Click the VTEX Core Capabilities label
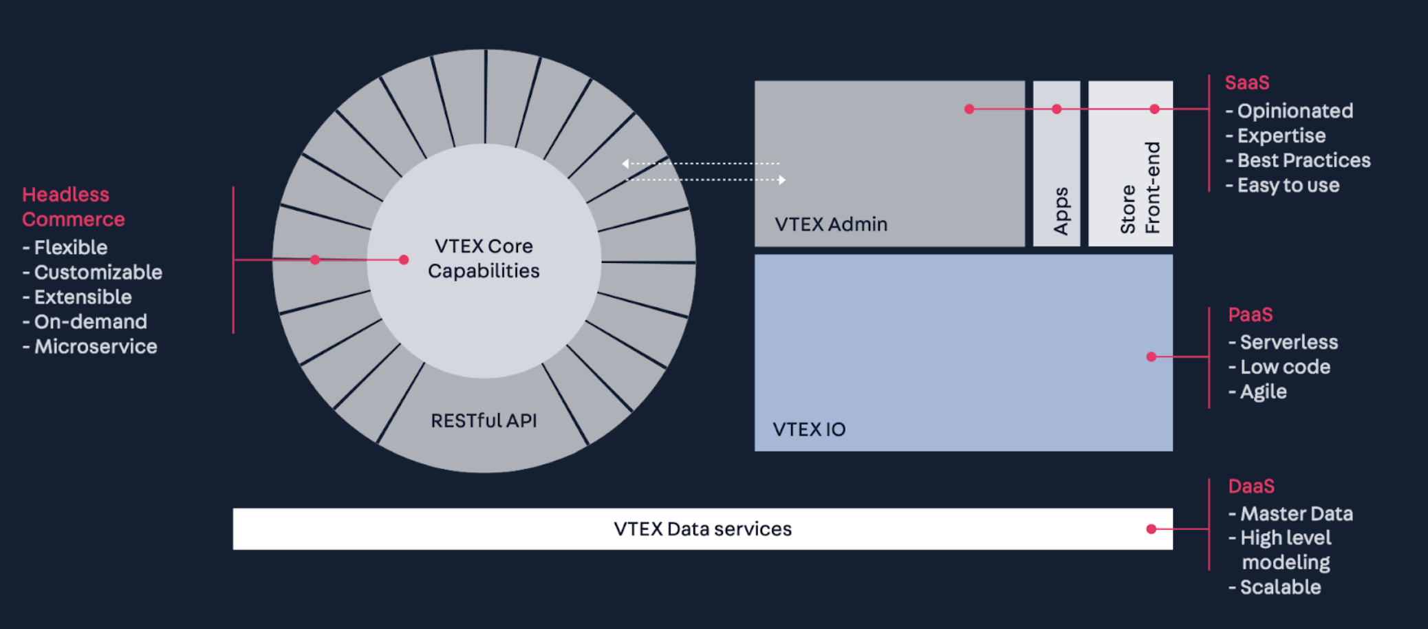coord(484,258)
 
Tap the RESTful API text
coord(484,420)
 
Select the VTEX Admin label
coord(831,224)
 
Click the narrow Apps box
coord(1057,164)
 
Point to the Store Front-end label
coord(1140,188)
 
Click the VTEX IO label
coord(809,429)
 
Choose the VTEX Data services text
coord(702,529)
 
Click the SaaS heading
coord(1247,83)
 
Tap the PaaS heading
coord(1251,314)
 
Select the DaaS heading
coord(1251,487)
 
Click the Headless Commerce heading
coord(74,206)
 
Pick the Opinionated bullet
coord(1289,111)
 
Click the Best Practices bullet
coord(1298,160)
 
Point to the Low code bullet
coord(1279,367)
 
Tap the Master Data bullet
coord(1290,514)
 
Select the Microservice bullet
coord(90,346)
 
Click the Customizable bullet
coord(92,273)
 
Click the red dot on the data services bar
coord(1151,529)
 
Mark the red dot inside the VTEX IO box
coord(1151,356)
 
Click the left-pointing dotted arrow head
coord(625,164)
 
